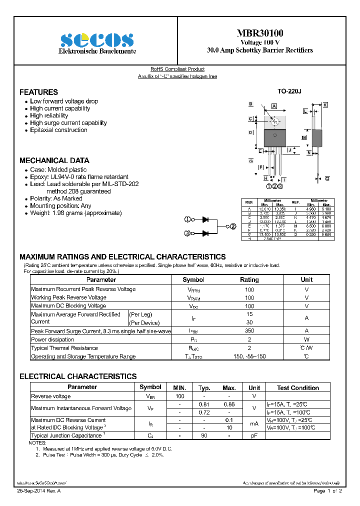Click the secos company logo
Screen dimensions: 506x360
(96, 39)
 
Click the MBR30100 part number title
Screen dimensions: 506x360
(259, 33)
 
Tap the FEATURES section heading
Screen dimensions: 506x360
(38, 92)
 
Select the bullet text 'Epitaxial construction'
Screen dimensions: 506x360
(58, 130)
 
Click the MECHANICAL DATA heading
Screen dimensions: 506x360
(54, 160)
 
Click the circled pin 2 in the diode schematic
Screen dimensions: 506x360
(232, 226)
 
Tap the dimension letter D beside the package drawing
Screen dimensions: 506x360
(250, 132)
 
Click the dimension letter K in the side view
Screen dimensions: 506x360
(325, 105)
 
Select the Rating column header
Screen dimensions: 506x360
(249, 280)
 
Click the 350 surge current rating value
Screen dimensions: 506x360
(249, 331)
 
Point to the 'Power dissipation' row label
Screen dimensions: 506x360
(53, 339)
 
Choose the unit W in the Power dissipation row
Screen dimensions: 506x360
(306, 339)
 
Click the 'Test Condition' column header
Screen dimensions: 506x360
(298, 387)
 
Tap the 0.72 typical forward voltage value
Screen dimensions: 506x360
(204, 412)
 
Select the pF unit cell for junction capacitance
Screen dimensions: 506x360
(254, 436)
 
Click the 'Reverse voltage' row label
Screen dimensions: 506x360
(51, 396)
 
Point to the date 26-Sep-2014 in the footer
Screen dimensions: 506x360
(34, 491)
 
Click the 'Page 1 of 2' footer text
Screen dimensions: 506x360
(327, 491)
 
